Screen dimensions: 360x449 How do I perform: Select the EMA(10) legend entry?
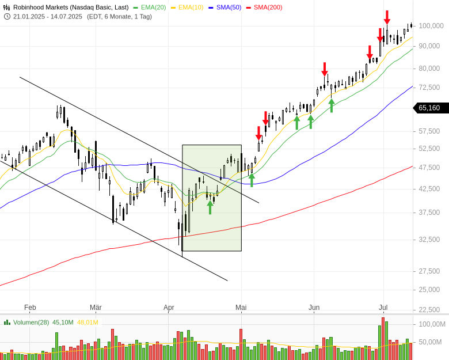pyautogui.click(x=192, y=7)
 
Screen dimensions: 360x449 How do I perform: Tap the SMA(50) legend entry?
pyautogui.click(x=230, y=7)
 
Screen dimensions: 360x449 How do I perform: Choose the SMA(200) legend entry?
pyautogui.click(x=268, y=7)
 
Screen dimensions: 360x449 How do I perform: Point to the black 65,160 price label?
pyautogui.click(x=429, y=108)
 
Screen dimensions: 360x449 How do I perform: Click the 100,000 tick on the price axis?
pyautogui.click(x=431, y=26)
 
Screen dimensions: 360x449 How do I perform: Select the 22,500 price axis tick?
pyautogui.click(x=431, y=309)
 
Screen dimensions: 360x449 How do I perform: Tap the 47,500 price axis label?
pyautogui.click(x=431, y=168)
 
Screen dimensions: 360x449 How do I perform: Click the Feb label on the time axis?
pyautogui.click(x=30, y=308)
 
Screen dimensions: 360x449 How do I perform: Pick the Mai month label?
pyautogui.click(x=241, y=308)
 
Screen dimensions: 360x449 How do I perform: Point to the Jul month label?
pyautogui.click(x=383, y=308)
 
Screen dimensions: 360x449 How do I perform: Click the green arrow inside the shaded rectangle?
pyautogui.click(x=210, y=206)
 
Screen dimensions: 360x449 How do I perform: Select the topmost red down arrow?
pyautogui.click(x=387, y=17)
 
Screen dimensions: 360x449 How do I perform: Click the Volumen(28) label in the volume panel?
pyautogui.click(x=31, y=322)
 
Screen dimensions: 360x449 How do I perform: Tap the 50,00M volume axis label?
pyautogui.click(x=430, y=342)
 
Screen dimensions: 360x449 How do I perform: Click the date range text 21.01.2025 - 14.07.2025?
pyautogui.click(x=48, y=16)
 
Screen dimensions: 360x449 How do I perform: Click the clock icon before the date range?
pyautogui.click(x=7, y=16)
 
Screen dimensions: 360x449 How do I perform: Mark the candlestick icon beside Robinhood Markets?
pyautogui.click(x=7, y=7)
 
